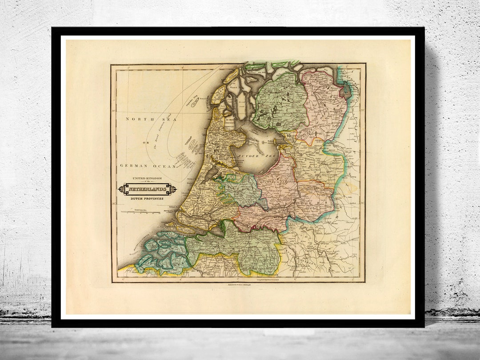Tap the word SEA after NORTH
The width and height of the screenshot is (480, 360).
click(159, 119)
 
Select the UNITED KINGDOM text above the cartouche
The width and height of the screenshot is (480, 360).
click(147, 179)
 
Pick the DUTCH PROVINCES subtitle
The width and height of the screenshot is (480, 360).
click(147, 199)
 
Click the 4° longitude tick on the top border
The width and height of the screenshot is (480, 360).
click(183, 67)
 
